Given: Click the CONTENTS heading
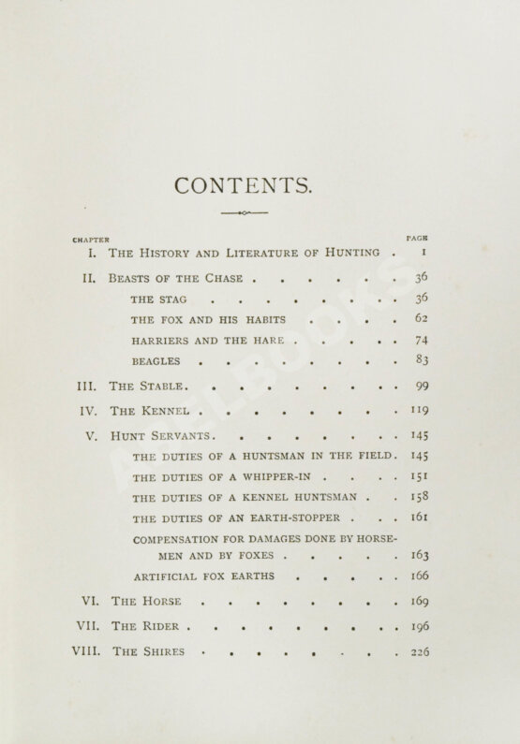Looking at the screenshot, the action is [x=243, y=185].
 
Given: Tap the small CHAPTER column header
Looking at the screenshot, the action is [x=90, y=240].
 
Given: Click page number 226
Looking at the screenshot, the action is [x=420, y=652].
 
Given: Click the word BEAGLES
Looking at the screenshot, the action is [x=156, y=361].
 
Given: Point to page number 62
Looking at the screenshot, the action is [x=421, y=319].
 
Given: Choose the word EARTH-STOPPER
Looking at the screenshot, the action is [x=296, y=518].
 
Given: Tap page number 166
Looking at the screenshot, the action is [x=420, y=576].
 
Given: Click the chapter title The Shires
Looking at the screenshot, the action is [x=148, y=652].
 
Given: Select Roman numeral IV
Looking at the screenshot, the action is [x=87, y=411].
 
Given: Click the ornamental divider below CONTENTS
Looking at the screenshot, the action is [x=245, y=214].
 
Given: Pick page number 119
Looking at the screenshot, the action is [x=420, y=411].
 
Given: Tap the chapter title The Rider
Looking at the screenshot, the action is [x=145, y=627].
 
